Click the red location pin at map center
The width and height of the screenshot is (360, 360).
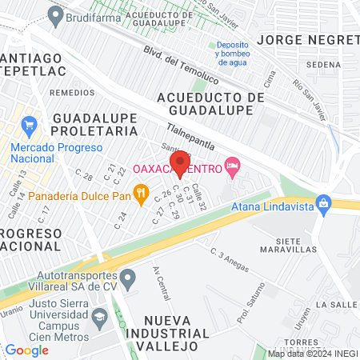pyautogui.click(x=180, y=162)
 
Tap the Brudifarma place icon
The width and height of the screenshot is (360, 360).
pyautogui.click(x=55, y=14)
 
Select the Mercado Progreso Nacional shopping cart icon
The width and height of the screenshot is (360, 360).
pyautogui.click(x=30, y=126)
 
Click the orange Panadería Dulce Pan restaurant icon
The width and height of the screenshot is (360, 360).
pyautogui.click(x=141, y=192)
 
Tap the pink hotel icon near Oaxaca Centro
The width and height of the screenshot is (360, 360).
pyautogui.click(x=233, y=167)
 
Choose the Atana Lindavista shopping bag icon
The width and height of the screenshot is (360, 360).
pyautogui.click(x=323, y=202)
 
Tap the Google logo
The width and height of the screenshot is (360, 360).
pyautogui.click(x=27, y=350)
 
